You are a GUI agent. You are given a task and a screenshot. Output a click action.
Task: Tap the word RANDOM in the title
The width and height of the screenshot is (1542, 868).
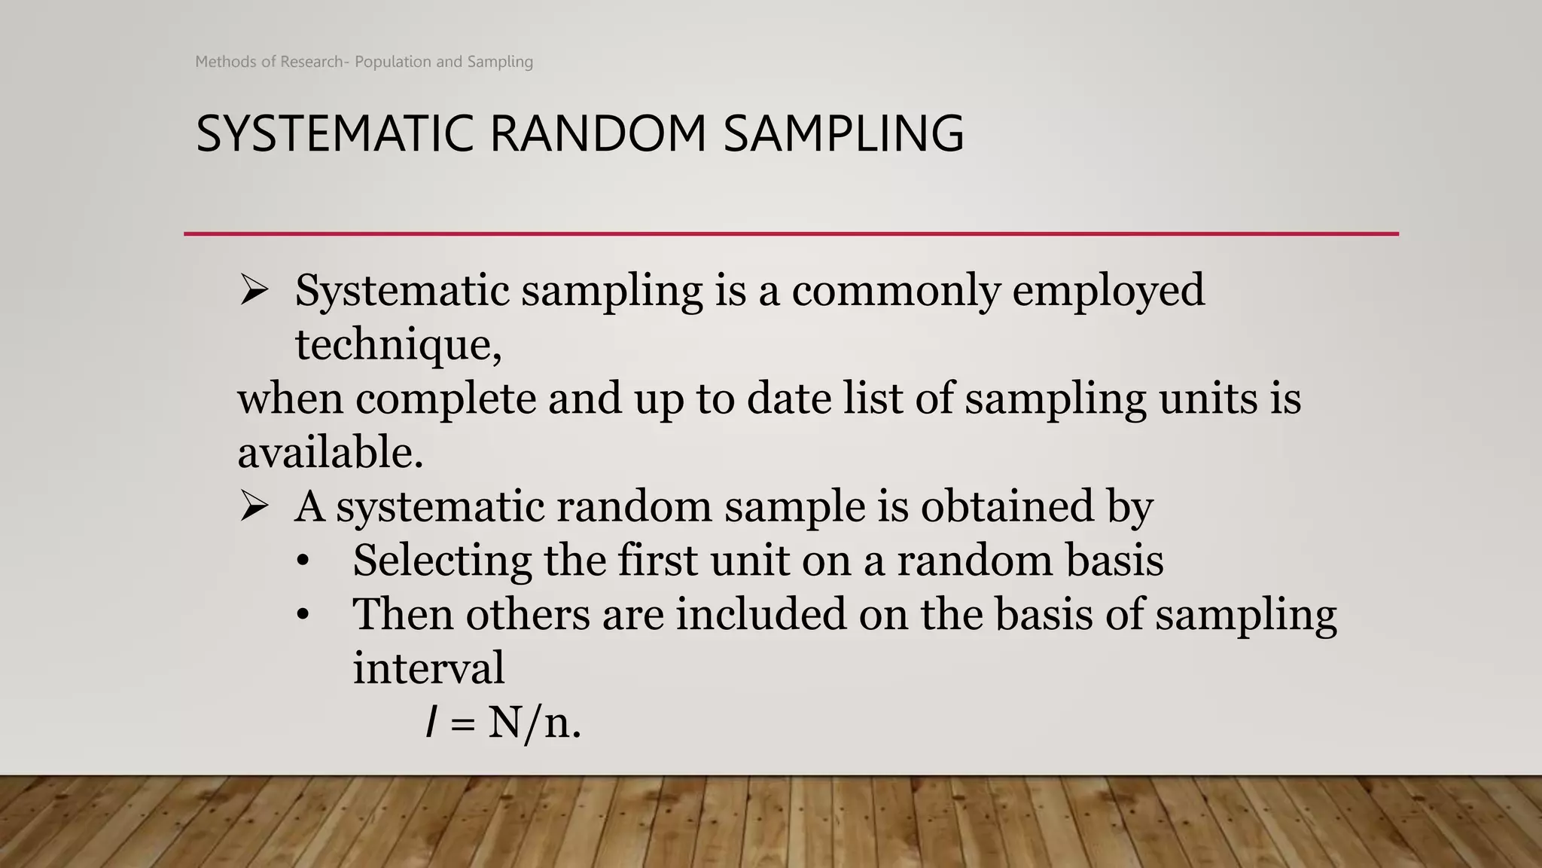[599, 134]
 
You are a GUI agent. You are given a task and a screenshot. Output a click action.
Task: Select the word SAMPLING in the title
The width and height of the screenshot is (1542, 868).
[843, 134]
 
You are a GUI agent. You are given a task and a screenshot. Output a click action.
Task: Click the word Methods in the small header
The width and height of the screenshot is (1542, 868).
[226, 62]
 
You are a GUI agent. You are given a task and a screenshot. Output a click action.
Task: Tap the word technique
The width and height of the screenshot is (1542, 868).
[398, 346]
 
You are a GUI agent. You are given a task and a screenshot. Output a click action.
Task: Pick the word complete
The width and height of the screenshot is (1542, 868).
[446, 399]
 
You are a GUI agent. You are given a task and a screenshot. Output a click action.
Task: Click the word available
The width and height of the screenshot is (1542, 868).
[330, 452]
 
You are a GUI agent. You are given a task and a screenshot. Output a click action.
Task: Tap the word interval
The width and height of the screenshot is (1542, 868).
[428, 668]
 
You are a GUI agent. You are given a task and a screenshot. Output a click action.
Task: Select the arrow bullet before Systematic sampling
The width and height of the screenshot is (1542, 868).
[254, 291]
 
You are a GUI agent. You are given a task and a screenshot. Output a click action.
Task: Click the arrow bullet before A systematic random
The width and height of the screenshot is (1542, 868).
[254, 506]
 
